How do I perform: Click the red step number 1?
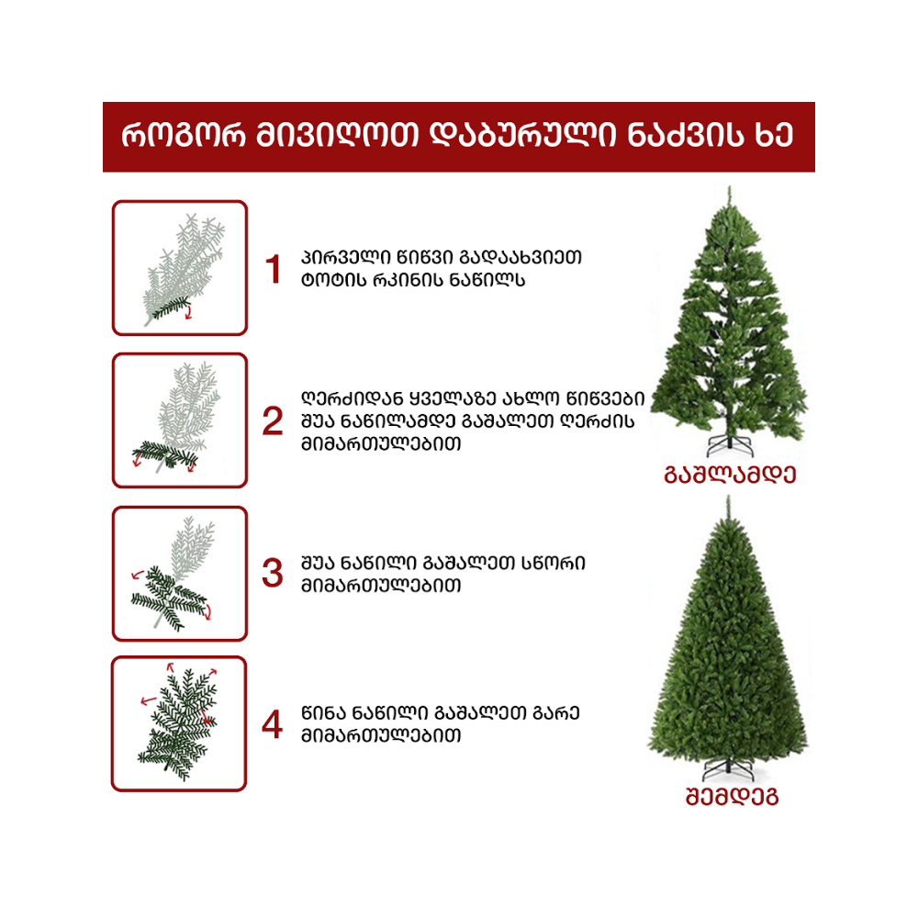(x=273, y=270)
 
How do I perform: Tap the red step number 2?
(x=273, y=421)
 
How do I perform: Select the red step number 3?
(x=273, y=573)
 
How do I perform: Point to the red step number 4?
(x=273, y=725)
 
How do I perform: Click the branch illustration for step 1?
(x=180, y=268)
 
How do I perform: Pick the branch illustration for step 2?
(x=180, y=420)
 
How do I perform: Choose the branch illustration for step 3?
(x=180, y=573)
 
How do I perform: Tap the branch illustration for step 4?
(x=179, y=723)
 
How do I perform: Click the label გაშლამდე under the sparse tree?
(x=730, y=475)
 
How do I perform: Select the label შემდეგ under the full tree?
(x=732, y=796)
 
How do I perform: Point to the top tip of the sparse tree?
(x=729, y=189)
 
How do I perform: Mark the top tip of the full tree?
(x=727, y=498)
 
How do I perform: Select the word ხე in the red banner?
(x=774, y=137)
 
